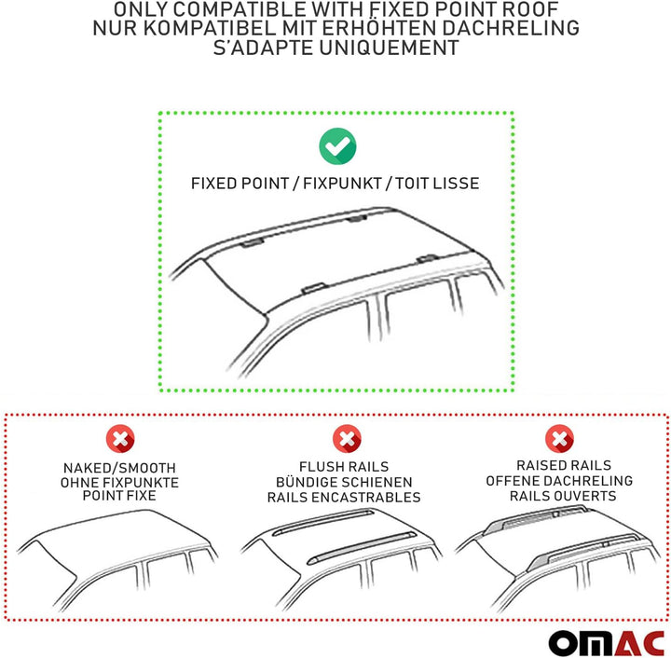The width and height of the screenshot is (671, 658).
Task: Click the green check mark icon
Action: click(336, 145)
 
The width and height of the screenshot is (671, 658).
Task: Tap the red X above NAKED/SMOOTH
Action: click(119, 437)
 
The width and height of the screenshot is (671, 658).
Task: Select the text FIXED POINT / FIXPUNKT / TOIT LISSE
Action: click(335, 184)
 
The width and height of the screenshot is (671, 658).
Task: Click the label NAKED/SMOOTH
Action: click(119, 467)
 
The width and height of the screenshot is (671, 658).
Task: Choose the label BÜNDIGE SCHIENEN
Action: click(344, 482)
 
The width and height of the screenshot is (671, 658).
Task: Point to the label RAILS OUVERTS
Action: click(562, 496)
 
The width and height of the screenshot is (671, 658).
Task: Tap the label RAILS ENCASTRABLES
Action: click(344, 498)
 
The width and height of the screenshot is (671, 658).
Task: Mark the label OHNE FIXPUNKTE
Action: click(119, 482)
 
